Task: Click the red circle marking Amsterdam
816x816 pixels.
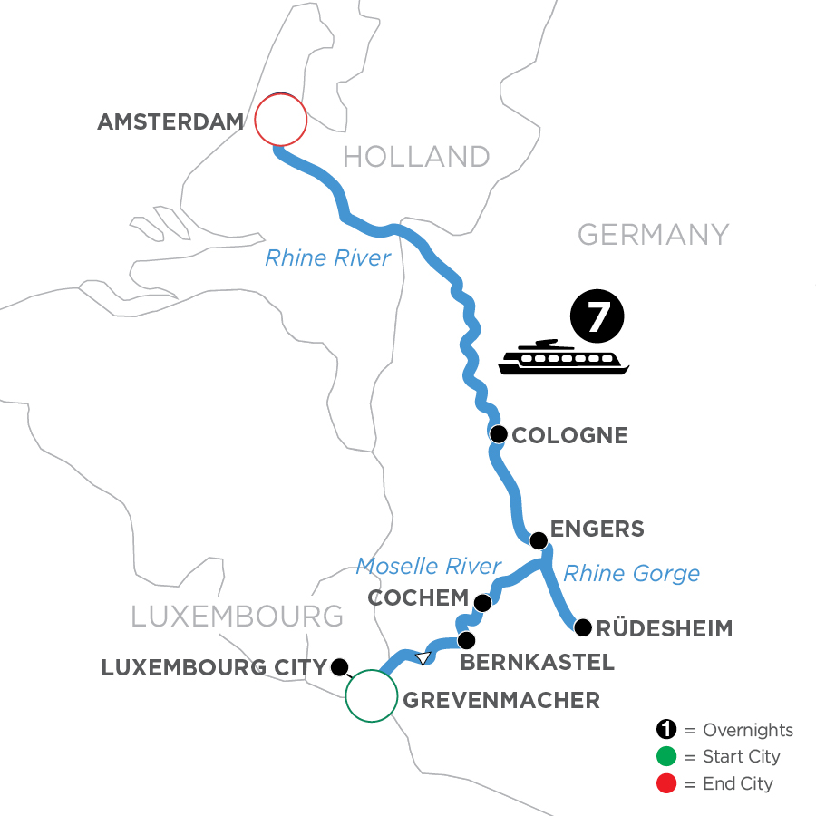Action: (280, 120)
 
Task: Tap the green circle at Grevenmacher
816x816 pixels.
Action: (371, 695)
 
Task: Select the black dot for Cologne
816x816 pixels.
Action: (498, 435)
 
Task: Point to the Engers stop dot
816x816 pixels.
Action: (539, 541)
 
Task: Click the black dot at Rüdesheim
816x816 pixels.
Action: (583, 627)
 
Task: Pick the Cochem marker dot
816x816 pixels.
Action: (482, 603)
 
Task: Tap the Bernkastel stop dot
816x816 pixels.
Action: (466, 640)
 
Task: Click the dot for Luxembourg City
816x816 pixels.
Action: (339, 667)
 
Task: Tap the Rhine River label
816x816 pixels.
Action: (327, 258)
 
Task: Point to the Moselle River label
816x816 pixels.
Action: (428, 567)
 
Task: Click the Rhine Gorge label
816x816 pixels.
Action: (631, 573)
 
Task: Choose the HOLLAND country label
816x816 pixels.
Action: (416, 157)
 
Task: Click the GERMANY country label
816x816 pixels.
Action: (653, 235)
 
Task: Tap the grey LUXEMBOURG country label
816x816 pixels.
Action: (238, 617)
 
